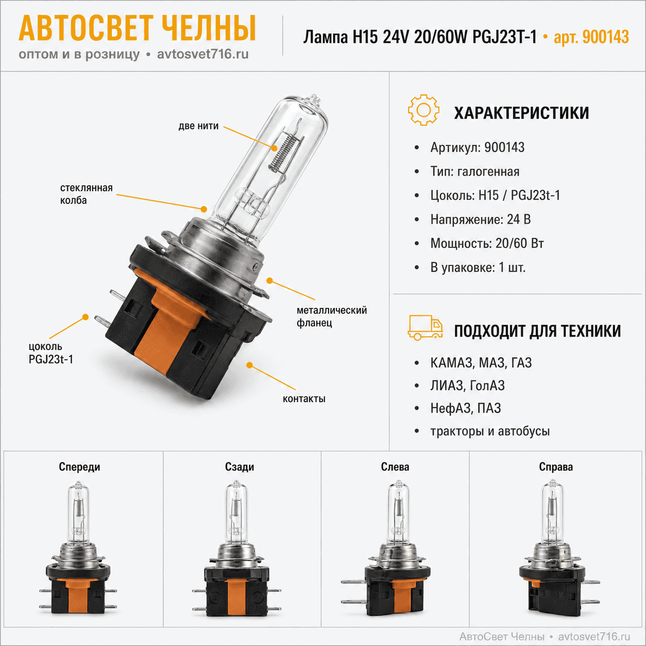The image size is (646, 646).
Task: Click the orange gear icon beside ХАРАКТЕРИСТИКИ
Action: coord(423,110)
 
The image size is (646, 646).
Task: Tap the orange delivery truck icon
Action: coord(425,328)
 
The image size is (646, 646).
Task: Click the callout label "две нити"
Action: coord(198,126)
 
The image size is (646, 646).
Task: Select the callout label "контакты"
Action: coord(304,399)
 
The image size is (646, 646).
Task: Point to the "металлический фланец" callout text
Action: coord(332,316)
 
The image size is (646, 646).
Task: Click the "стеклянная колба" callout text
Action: coord(86,194)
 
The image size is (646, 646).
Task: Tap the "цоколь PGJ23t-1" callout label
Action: coord(50,353)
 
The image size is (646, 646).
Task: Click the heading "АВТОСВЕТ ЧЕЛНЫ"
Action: coord(138,28)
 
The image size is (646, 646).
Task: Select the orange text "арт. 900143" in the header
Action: coord(591,37)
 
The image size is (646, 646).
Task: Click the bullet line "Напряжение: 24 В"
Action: coord(481,219)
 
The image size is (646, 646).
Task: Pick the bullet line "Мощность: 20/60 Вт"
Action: coord(487,243)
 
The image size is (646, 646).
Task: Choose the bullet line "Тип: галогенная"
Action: coord(474,172)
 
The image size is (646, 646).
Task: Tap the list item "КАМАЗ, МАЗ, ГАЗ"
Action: coord(481,363)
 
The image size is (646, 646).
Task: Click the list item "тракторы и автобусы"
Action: coord(490,431)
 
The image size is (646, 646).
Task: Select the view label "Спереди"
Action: coord(79,467)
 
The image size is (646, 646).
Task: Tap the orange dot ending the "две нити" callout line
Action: coord(275,148)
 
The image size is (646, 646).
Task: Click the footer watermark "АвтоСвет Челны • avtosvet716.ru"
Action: coord(545,636)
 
